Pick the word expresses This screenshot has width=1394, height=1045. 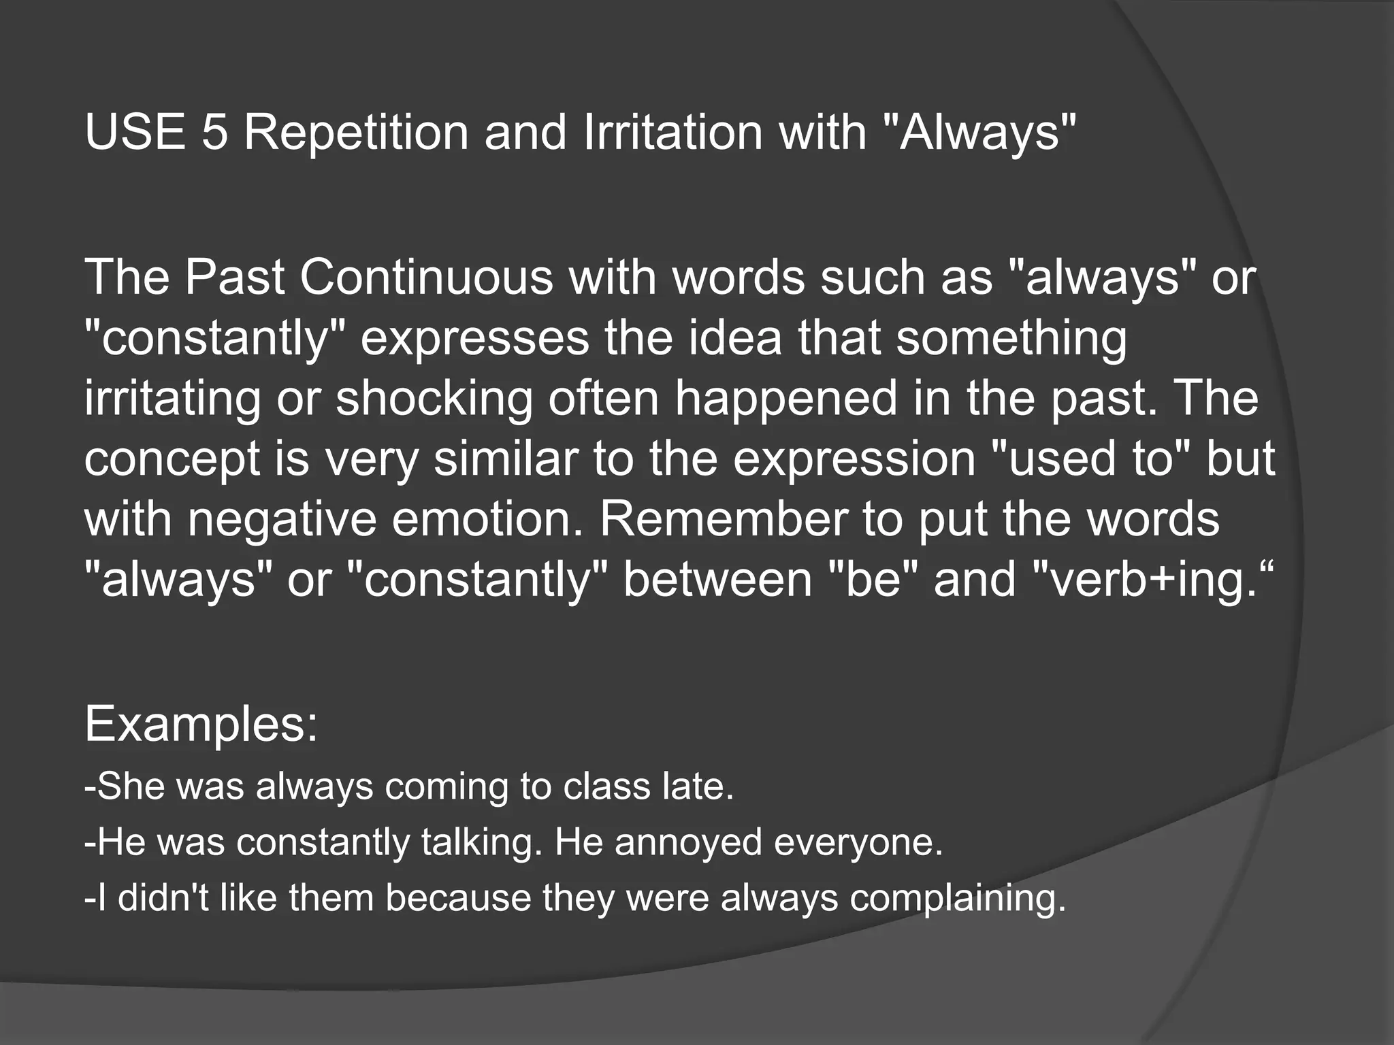474,338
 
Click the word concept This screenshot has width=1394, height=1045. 172,459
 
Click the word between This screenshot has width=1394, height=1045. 717,580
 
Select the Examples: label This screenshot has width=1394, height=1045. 201,725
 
